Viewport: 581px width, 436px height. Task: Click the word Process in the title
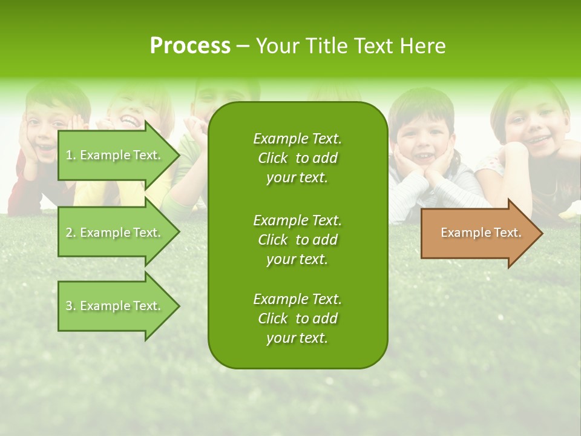pyautogui.click(x=190, y=46)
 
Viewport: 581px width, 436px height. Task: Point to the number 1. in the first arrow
pyautogui.click(x=71, y=155)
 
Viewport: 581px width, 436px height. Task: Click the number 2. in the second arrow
pyautogui.click(x=71, y=233)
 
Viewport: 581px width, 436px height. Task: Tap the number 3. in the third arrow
pyautogui.click(x=71, y=306)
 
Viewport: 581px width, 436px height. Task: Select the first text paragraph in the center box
pyautogui.click(x=297, y=158)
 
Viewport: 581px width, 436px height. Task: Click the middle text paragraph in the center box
pyautogui.click(x=297, y=240)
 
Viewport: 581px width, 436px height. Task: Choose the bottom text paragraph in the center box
pyautogui.click(x=297, y=319)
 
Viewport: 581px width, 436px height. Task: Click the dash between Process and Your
pyautogui.click(x=243, y=47)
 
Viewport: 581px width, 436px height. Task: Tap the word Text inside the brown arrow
pyautogui.click(x=508, y=233)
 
